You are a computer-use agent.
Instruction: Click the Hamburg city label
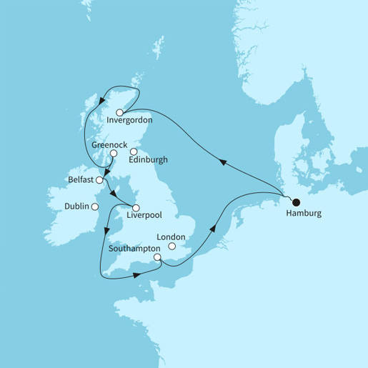(x=304, y=213)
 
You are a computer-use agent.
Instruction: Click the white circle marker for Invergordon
(x=120, y=111)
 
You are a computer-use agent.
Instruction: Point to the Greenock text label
(x=111, y=144)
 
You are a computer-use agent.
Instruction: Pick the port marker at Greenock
(x=113, y=153)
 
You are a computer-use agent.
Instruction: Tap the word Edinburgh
(x=149, y=160)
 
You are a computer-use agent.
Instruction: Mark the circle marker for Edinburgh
(x=133, y=151)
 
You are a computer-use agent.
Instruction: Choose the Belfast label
(x=84, y=179)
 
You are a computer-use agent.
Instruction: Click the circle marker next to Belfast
(x=100, y=180)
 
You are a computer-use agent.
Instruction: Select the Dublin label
(x=76, y=207)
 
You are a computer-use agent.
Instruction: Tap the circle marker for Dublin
(x=94, y=207)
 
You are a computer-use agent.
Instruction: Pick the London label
(x=172, y=237)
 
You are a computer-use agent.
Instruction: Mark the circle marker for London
(x=171, y=247)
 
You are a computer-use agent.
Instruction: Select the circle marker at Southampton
(x=156, y=260)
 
